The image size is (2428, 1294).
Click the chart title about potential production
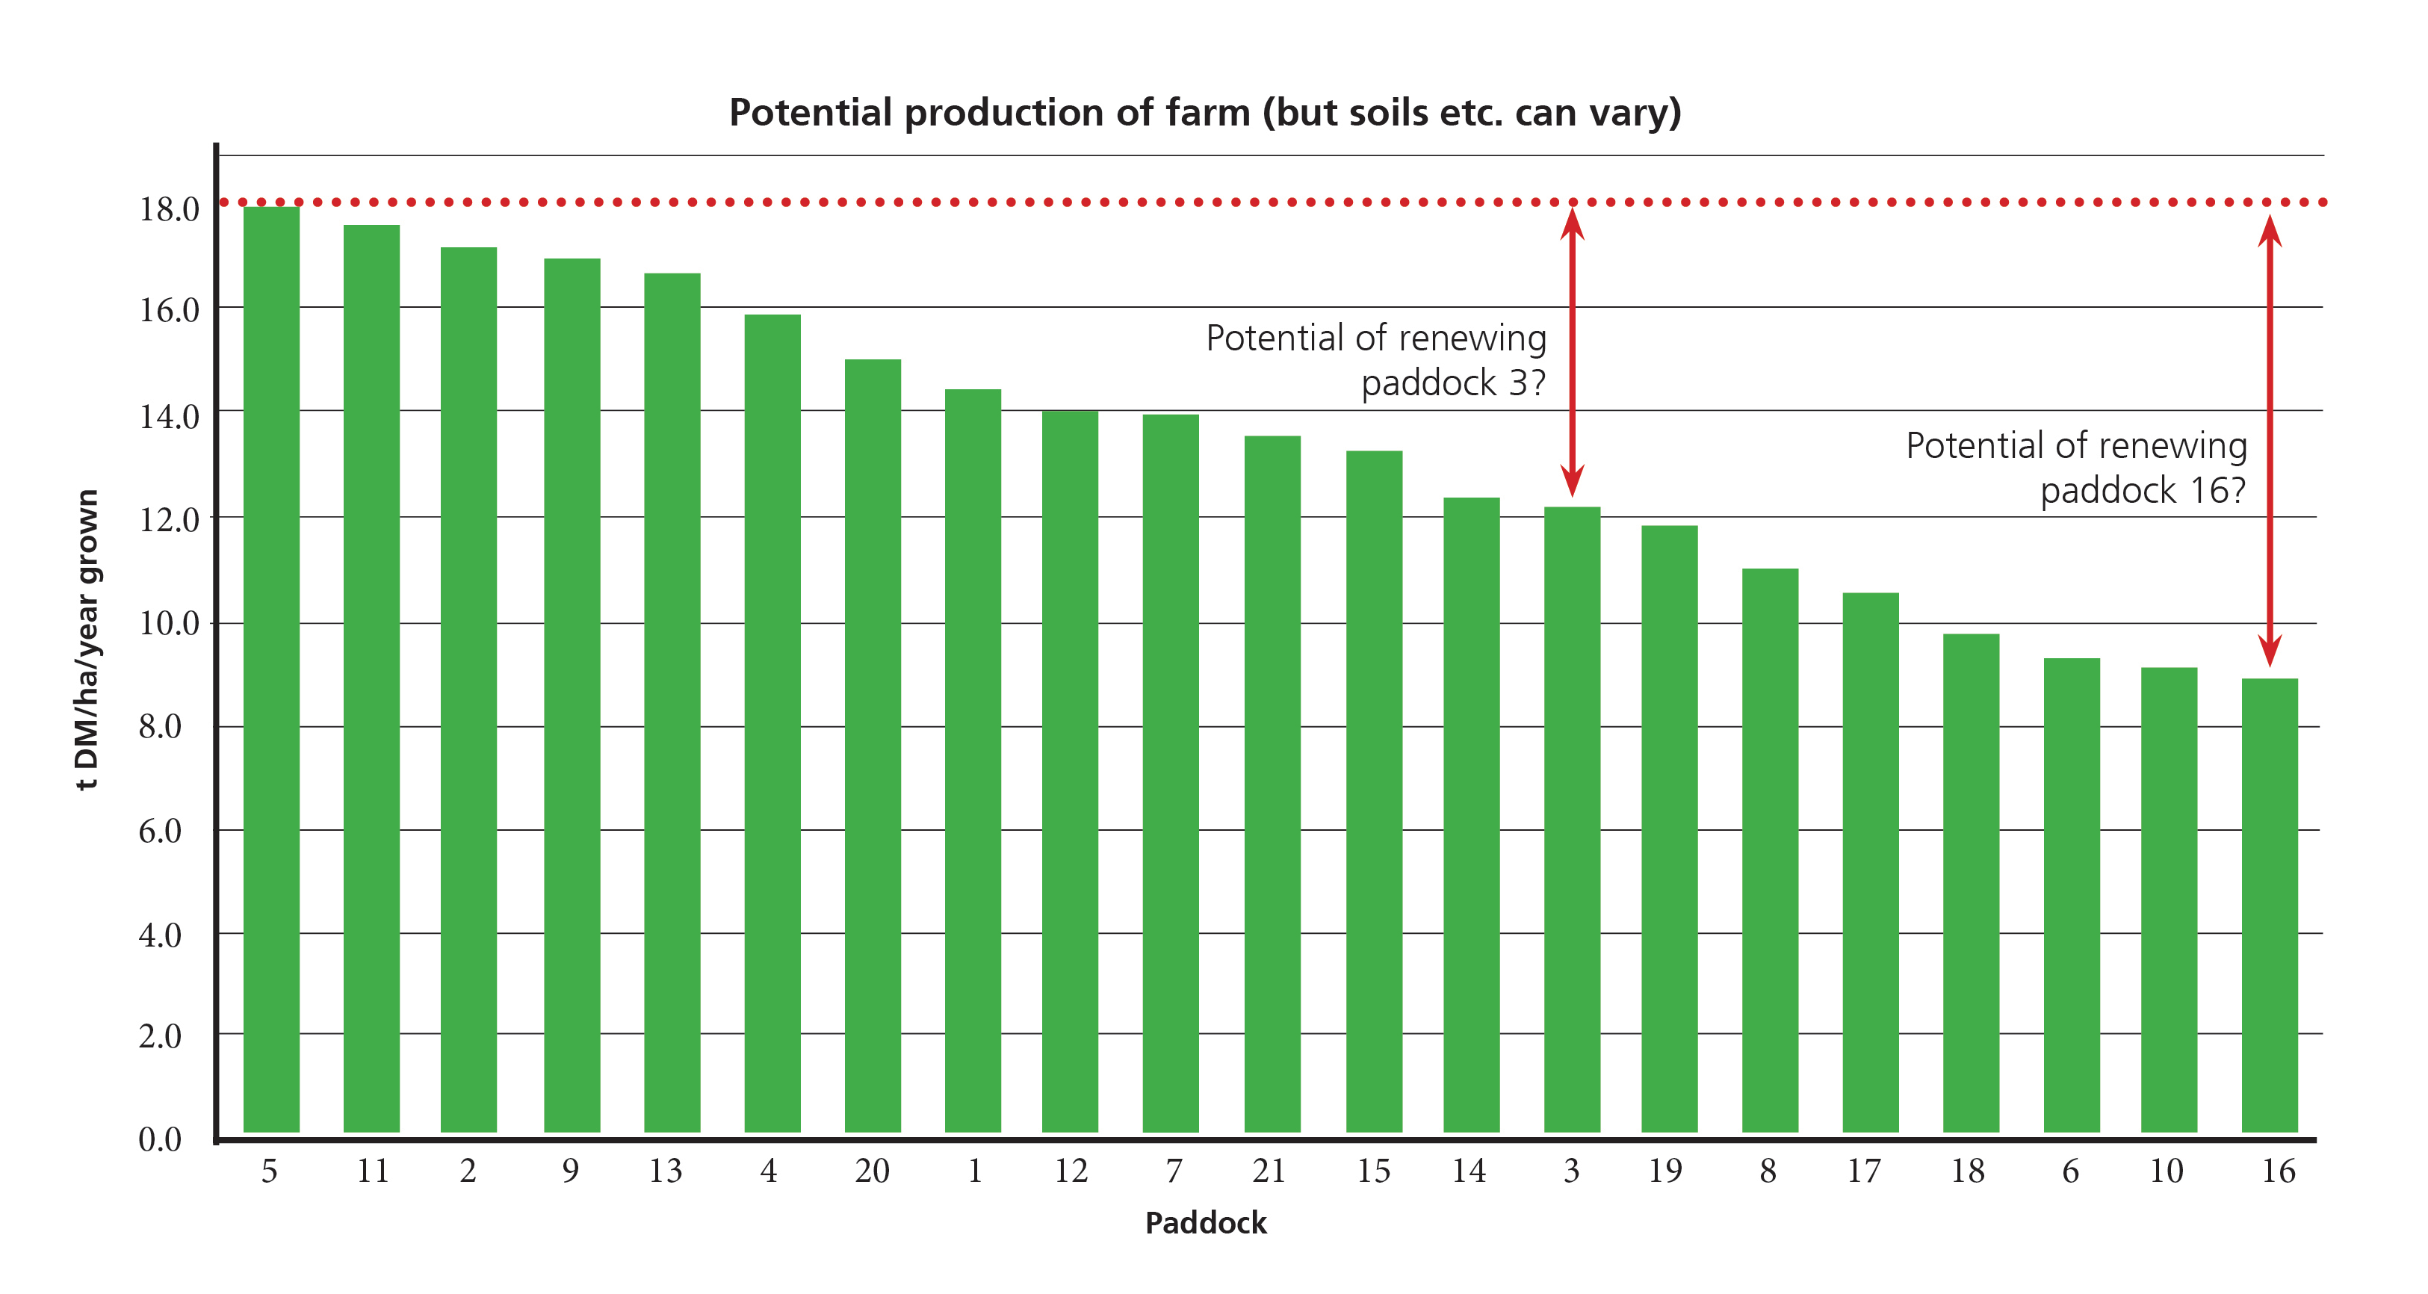click(x=1204, y=112)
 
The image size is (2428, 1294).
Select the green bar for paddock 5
click(x=271, y=669)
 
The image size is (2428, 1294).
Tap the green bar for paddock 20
click(x=873, y=745)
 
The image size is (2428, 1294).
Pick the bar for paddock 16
click(x=2270, y=905)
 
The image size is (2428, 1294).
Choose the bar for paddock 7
click(x=1171, y=773)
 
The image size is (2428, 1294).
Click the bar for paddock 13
click(x=672, y=702)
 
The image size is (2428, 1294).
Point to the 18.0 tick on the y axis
click(x=170, y=209)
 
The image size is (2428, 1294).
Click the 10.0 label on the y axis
click(x=170, y=623)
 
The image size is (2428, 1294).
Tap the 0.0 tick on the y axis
click(x=160, y=1139)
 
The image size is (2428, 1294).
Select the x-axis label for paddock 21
click(x=1269, y=1171)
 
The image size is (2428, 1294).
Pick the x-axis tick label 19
click(x=1665, y=1171)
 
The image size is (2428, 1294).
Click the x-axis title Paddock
click(x=1206, y=1223)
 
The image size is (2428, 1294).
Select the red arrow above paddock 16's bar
click(x=2270, y=441)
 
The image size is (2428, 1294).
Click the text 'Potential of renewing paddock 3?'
click(x=1377, y=360)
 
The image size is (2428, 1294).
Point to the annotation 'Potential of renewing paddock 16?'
click(x=2076, y=468)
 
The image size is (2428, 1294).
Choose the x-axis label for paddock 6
click(x=2071, y=1171)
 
